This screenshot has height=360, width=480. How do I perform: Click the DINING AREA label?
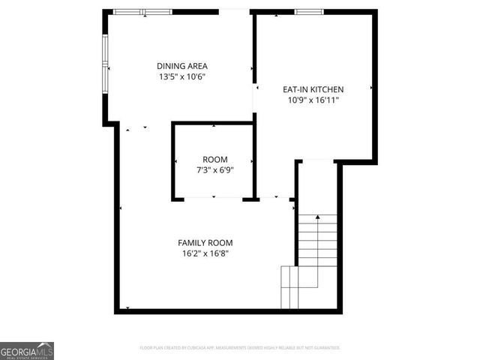click(x=181, y=66)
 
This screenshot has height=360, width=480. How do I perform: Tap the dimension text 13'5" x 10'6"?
click(x=181, y=76)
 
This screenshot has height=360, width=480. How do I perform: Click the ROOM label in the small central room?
click(x=215, y=160)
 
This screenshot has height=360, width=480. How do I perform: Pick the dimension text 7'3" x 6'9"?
click(x=215, y=169)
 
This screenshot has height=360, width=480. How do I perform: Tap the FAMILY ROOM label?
click(x=205, y=242)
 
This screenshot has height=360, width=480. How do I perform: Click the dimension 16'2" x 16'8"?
click(x=205, y=253)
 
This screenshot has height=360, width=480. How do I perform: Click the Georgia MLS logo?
click(x=27, y=350)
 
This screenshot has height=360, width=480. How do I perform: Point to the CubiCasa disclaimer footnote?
click(x=240, y=348)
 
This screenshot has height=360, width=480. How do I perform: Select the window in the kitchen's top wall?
click(x=309, y=12)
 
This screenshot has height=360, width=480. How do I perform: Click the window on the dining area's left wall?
click(x=106, y=64)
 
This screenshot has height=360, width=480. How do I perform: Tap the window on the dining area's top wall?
click(x=142, y=12)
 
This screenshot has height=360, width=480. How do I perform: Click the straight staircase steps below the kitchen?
click(x=318, y=240)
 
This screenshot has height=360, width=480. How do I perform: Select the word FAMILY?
click(x=193, y=242)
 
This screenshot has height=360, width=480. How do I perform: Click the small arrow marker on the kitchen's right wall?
click(x=371, y=88)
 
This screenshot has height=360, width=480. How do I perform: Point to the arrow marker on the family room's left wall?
click(x=121, y=208)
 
